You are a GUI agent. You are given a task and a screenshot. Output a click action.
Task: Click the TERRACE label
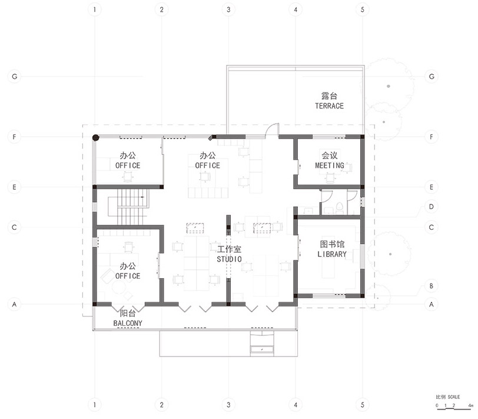pos(329,106)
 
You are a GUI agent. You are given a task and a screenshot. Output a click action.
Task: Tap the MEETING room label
pos(330,166)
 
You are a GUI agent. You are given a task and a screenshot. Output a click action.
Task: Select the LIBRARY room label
pos(332,254)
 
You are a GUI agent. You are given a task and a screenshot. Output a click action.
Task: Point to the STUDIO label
pos(229,259)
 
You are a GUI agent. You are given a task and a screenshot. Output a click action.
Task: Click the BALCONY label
pos(128,323)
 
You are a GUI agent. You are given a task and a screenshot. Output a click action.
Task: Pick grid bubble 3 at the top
pos(228,10)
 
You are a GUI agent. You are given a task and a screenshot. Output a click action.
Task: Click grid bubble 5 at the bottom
pos(362,405)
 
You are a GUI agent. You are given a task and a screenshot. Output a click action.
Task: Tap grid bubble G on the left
pos(14,77)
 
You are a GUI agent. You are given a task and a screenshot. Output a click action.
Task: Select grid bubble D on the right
pos(431,207)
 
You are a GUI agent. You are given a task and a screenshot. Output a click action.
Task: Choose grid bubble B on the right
pos(431,286)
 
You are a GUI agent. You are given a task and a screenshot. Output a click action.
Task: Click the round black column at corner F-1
pos(96,138)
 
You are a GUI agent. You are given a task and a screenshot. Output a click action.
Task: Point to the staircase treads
pos(129,207)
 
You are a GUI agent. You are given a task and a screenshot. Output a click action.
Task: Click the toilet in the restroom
pos(339,207)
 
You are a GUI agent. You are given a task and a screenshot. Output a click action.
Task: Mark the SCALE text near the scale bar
pos(454,397)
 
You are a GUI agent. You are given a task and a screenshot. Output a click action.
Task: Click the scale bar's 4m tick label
pos(471,405)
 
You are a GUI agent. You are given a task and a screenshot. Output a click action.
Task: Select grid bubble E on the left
pos(14,187)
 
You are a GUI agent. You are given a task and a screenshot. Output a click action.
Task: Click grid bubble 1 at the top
pos(95,10)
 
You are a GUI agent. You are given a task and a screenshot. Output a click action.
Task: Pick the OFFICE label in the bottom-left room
pos(128,276)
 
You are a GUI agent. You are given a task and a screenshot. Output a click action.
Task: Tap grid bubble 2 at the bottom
pos(161,405)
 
